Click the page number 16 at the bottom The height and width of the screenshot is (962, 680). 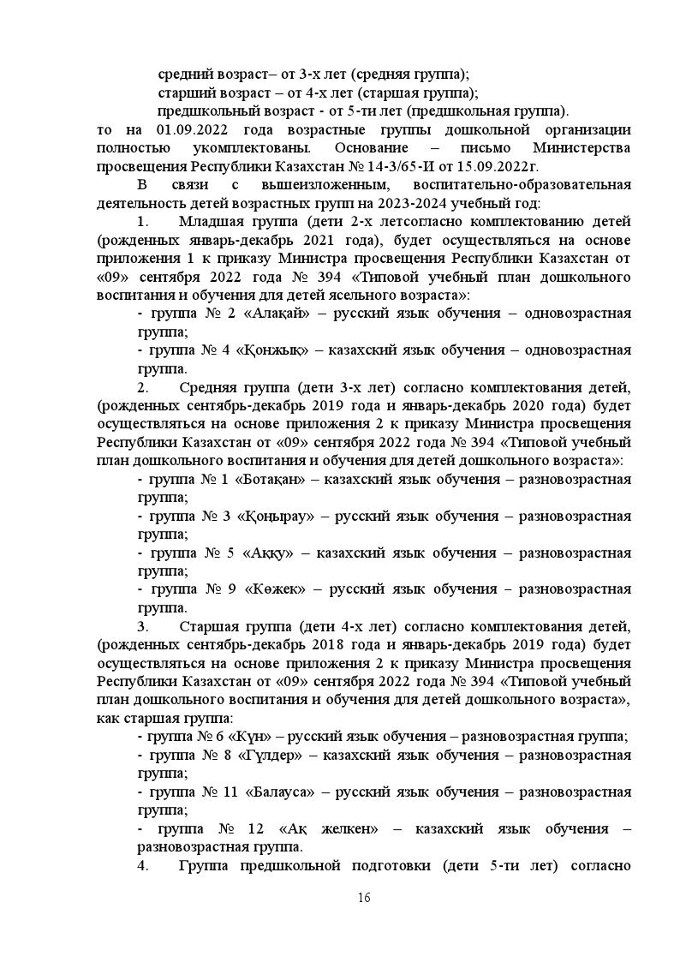click(x=364, y=897)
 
